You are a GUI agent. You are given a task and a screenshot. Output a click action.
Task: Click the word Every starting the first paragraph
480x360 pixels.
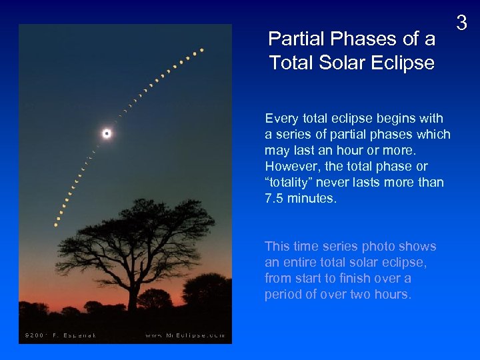[x=280, y=119]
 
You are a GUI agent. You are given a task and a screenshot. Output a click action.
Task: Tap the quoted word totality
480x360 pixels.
[x=289, y=183]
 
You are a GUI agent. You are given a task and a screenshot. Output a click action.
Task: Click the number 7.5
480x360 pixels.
[x=274, y=199]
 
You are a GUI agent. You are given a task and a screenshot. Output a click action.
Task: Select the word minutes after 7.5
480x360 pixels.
[x=313, y=199]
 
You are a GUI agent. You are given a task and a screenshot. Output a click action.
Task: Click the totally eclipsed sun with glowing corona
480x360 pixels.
[x=107, y=133]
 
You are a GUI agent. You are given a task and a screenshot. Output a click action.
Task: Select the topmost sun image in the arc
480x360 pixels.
[x=202, y=49]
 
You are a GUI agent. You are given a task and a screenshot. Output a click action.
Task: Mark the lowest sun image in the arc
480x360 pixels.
[x=56, y=225]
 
